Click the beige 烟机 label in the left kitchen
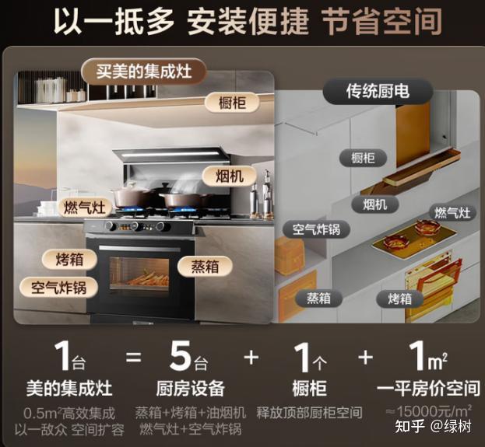[229, 176]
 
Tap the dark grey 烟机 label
[374, 204]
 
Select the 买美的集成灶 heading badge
[144, 72]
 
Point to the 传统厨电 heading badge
[378, 91]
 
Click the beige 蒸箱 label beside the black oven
[205, 267]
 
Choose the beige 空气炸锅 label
[58, 288]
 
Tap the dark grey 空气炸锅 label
[316, 229]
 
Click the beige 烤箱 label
[69, 259]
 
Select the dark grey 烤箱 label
[399, 299]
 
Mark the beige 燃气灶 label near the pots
[85, 207]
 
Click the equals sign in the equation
[134, 358]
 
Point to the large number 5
[181, 355]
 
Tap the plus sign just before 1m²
[366, 358]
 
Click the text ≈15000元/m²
[429, 411]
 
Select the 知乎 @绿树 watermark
[433, 427]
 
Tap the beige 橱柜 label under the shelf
[232, 103]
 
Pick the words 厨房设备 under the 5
[190, 389]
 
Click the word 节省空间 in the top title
[382, 22]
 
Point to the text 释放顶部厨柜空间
[309, 413]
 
